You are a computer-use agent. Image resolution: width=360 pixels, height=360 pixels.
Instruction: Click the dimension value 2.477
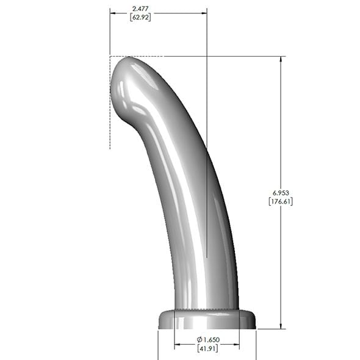(140, 9)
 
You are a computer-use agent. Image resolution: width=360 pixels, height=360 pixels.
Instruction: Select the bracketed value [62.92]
(140, 18)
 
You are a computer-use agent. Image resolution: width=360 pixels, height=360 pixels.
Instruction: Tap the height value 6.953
(281, 192)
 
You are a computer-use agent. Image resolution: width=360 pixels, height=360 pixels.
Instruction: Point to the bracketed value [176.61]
(281, 201)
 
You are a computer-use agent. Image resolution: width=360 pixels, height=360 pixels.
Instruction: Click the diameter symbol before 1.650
(200, 339)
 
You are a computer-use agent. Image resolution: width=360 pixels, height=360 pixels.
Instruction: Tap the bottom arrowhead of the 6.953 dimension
(281, 326)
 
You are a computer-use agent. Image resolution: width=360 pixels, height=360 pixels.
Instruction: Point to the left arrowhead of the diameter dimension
(177, 345)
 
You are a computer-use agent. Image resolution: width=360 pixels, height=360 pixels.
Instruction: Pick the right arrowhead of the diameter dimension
(237, 345)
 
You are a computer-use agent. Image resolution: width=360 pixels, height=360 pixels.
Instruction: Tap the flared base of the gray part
(207, 319)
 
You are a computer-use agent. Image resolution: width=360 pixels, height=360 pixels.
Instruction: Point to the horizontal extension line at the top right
(244, 57)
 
